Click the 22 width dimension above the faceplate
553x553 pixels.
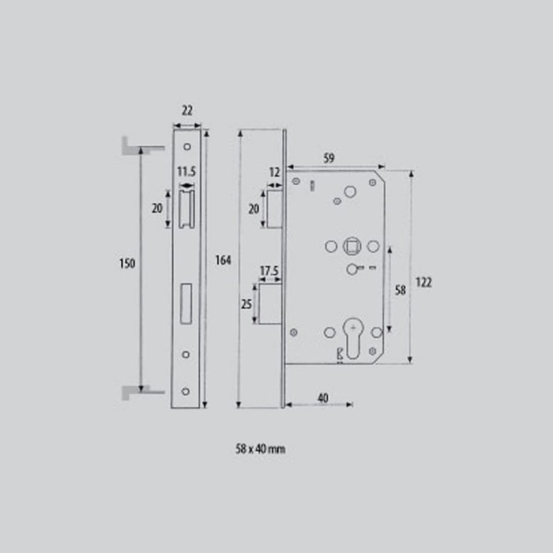(x=186, y=111)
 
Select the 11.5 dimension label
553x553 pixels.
(x=186, y=171)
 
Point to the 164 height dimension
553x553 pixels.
(x=223, y=261)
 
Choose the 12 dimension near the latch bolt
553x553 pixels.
(x=275, y=172)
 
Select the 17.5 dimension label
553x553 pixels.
(x=269, y=271)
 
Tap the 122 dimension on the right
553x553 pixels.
(x=423, y=282)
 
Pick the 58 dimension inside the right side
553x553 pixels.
(x=400, y=290)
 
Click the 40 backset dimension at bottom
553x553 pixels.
(x=322, y=397)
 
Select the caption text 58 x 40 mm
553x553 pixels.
(x=260, y=449)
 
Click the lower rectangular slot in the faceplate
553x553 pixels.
(x=186, y=305)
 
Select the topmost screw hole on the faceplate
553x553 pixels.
(x=186, y=146)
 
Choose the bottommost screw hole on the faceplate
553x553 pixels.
(x=186, y=391)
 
